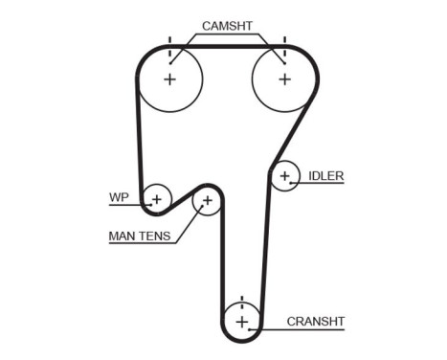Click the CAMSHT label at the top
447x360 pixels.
227,26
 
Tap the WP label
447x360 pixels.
119,198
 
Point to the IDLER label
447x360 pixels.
325,176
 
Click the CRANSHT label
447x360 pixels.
315,321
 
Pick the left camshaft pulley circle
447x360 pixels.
169,79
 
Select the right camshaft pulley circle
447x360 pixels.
283,79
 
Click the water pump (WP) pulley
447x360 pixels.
156,198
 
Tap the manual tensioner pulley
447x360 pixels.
207,201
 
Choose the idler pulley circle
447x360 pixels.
283,176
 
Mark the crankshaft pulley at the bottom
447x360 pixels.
242,321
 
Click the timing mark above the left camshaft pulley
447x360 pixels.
169,43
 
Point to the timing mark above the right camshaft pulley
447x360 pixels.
283,43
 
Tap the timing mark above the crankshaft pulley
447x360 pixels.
242,300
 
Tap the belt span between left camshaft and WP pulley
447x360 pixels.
140,144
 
